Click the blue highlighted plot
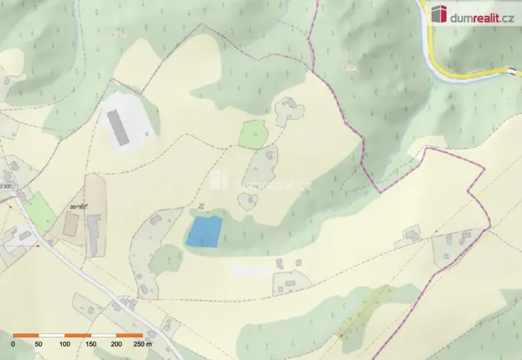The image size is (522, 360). (204, 231)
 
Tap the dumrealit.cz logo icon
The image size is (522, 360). (440, 14)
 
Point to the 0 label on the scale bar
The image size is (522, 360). (14, 345)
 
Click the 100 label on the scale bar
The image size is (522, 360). (65, 345)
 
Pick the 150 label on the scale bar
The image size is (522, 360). (90, 345)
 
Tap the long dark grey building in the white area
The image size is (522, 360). (118, 127)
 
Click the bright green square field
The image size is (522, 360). (253, 134)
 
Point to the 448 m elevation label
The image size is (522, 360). (117, 34)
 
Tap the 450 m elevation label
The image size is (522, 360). (350, 68)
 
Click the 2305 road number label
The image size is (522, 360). (7, 185)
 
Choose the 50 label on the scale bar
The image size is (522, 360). (39, 345)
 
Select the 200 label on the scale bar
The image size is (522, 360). (115, 345)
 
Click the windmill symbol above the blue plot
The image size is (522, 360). (201, 205)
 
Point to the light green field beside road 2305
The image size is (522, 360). (41, 212)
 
